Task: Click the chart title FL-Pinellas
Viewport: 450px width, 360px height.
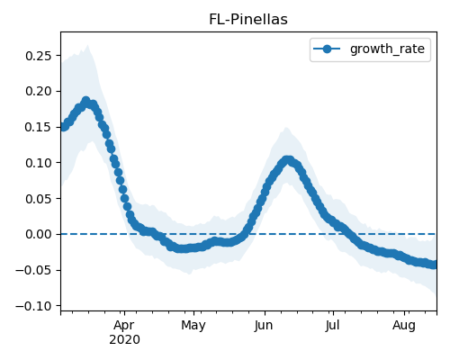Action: click(248, 20)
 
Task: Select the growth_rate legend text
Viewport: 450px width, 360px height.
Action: click(387, 49)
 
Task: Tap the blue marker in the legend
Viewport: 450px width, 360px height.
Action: click(327, 49)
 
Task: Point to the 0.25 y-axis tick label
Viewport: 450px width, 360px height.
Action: click(39, 56)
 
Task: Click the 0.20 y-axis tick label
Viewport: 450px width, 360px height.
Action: click(39, 91)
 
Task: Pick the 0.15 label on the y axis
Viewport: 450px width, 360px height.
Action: click(39, 127)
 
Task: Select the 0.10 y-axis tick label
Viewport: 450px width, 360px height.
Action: click(39, 163)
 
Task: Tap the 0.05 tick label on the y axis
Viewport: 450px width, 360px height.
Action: click(39, 199)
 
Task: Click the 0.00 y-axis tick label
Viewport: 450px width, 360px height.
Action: click(39, 234)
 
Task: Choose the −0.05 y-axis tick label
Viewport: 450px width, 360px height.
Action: click(33, 270)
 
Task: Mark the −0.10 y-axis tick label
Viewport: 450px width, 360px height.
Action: click(33, 306)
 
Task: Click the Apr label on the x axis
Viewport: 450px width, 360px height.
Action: click(124, 326)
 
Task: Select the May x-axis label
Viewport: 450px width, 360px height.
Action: click(193, 326)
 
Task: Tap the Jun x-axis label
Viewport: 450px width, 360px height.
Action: click(264, 326)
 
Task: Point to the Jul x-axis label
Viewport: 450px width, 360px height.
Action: click(332, 325)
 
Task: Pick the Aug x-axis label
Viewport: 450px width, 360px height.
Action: click(404, 326)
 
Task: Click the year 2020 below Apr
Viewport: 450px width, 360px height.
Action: click(124, 340)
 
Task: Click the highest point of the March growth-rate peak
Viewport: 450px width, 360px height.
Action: click(86, 101)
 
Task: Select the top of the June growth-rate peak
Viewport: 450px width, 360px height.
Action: click(288, 159)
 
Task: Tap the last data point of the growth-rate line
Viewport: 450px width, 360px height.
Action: click(435, 265)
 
